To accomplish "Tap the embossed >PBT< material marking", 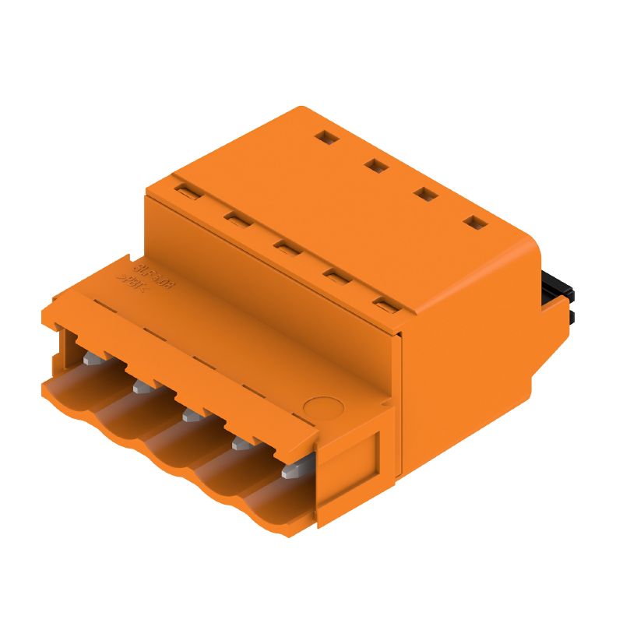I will pos(133,281).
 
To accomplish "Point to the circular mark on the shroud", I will pos(322,407).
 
